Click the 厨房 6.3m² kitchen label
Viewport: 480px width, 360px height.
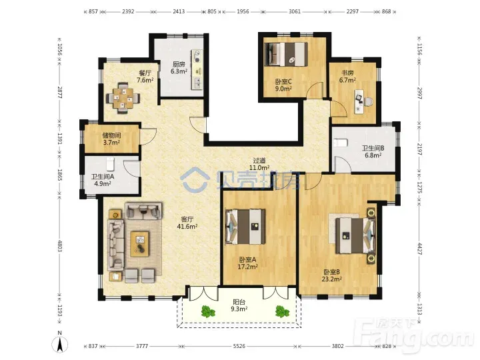[x=179, y=68]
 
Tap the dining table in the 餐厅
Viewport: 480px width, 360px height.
[x=123, y=98]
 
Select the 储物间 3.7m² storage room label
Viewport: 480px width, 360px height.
[x=111, y=139]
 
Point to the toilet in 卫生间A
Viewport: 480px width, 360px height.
[x=110, y=164]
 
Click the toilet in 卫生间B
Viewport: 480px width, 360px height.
[x=341, y=143]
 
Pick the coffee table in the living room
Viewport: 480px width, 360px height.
[x=140, y=244]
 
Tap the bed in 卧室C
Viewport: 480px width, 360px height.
[x=286, y=54]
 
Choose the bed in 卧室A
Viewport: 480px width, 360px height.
[x=245, y=227]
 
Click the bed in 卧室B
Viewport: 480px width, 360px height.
[x=355, y=235]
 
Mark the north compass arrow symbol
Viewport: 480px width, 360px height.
[x=60, y=345]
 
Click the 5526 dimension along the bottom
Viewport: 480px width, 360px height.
[x=239, y=346]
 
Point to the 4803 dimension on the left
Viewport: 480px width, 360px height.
[x=60, y=246]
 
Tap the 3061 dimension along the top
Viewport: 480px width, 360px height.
[x=295, y=11]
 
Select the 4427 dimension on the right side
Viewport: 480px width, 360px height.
[x=420, y=249]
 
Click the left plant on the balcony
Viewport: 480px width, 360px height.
[x=208, y=311]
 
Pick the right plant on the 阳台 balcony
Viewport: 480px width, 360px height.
[x=281, y=311]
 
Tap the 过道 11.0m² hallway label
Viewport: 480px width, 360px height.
[x=259, y=164]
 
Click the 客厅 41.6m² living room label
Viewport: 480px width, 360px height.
[x=187, y=223]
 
